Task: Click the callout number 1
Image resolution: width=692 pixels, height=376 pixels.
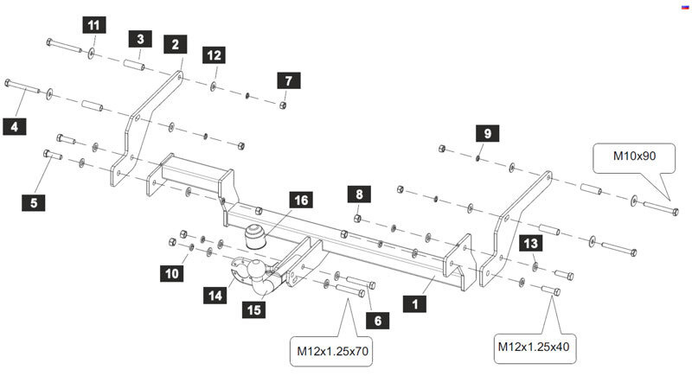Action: click(415, 304)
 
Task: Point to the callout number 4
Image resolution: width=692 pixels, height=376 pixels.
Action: click(13, 127)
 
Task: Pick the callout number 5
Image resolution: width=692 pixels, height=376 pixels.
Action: click(34, 203)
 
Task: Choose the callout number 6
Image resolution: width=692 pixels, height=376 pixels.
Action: click(377, 320)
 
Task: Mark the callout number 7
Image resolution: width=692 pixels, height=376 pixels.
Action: click(286, 80)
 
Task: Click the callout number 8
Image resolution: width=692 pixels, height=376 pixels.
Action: click(358, 194)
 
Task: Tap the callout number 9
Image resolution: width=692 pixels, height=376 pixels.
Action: click(486, 133)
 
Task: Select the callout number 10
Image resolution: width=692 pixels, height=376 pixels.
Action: click(172, 273)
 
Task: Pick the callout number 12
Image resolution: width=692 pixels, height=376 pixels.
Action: click(214, 55)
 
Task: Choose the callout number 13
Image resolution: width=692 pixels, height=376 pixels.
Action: click(530, 245)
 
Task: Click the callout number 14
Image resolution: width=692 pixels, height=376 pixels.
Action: click(214, 295)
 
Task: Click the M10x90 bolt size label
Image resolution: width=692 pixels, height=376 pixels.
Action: click(634, 156)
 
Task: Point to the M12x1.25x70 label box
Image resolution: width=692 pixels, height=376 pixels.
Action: click(333, 351)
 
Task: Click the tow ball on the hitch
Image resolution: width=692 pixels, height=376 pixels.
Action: click(256, 271)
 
